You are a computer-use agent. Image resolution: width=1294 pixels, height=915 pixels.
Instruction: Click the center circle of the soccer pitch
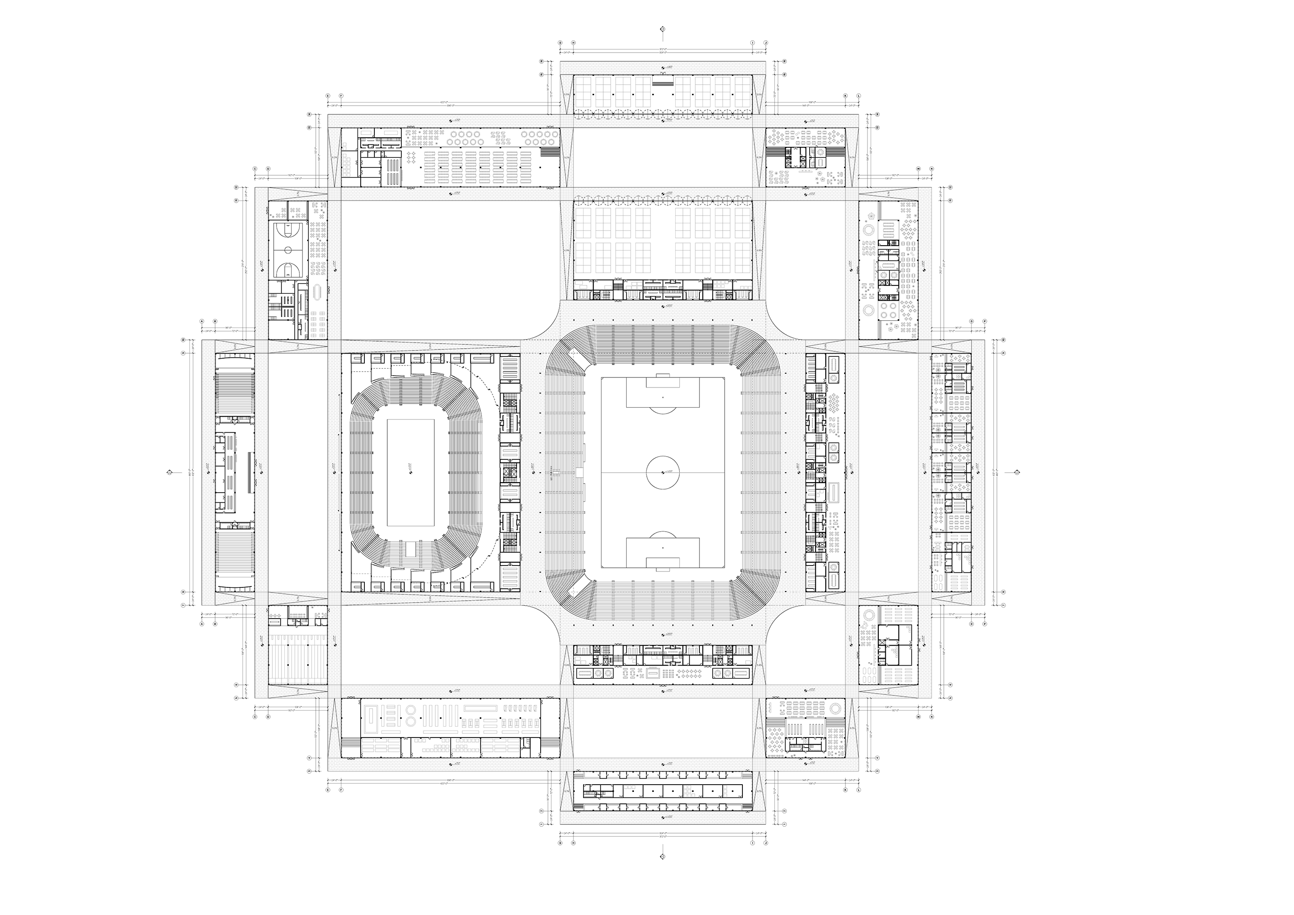pos(663,472)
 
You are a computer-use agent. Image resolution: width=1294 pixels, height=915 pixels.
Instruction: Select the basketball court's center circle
pos(287,249)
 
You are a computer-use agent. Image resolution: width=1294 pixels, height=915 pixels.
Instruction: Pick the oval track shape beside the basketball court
pos(317,293)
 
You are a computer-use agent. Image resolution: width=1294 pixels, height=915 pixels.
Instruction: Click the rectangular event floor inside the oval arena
pos(410,467)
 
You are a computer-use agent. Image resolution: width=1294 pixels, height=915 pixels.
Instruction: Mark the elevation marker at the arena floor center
pos(410,467)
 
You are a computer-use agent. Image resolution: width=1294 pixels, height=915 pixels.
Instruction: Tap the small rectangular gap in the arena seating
pos(410,548)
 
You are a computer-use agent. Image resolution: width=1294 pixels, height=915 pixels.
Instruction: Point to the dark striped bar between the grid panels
pos(663,83)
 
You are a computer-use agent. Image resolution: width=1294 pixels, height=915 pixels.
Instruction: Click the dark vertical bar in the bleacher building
pos(249,473)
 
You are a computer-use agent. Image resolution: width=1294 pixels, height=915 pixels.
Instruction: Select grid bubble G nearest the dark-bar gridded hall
pos(560,42)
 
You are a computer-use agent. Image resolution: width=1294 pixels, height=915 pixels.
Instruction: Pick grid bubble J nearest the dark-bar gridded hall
pos(765,42)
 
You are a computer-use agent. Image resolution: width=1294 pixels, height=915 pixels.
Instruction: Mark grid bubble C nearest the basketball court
pos(255,168)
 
